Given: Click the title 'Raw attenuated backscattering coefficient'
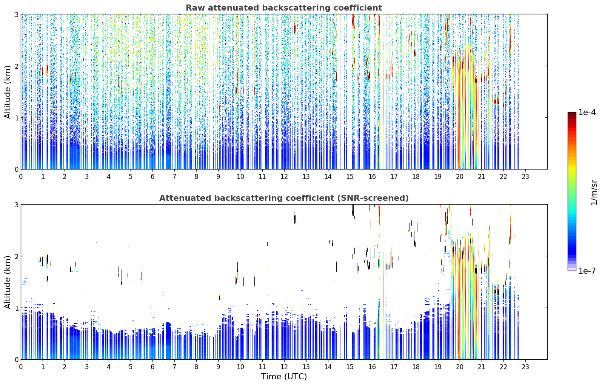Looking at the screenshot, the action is tap(284, 8).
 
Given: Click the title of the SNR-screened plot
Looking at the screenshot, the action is tap(284, 198).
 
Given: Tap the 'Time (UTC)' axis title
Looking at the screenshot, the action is tap(284, 376).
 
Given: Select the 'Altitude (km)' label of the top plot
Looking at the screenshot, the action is tap(8, 92).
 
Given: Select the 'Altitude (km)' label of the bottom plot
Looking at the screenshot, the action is tap(8, 282).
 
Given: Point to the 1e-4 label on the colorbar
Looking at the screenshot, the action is tap(587, 112).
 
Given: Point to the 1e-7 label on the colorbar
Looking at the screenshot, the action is tap(587, 271).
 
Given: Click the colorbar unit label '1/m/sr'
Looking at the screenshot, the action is tap(594, 192).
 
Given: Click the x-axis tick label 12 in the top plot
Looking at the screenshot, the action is tap(284, 177).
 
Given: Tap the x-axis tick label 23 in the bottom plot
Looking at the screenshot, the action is tap(525, 367).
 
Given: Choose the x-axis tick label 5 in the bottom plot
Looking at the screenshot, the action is tap(131, 367).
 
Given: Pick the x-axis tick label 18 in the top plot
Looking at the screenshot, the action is tap(416, 177).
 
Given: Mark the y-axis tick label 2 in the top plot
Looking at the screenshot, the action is tap(16, 66).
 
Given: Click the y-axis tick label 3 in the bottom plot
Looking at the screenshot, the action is tap(16, 205).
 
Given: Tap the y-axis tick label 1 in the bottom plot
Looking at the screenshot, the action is tap(16, 308).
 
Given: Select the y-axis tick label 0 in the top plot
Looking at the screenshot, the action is tap(16, 169).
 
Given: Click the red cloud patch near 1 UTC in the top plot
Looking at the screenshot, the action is tap(42, 71).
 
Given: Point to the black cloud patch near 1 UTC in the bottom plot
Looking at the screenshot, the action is tap(42, 261).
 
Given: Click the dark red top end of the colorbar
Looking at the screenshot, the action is tap(572, 114).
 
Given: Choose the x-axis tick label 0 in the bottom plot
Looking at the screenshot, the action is tap(21, 367).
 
